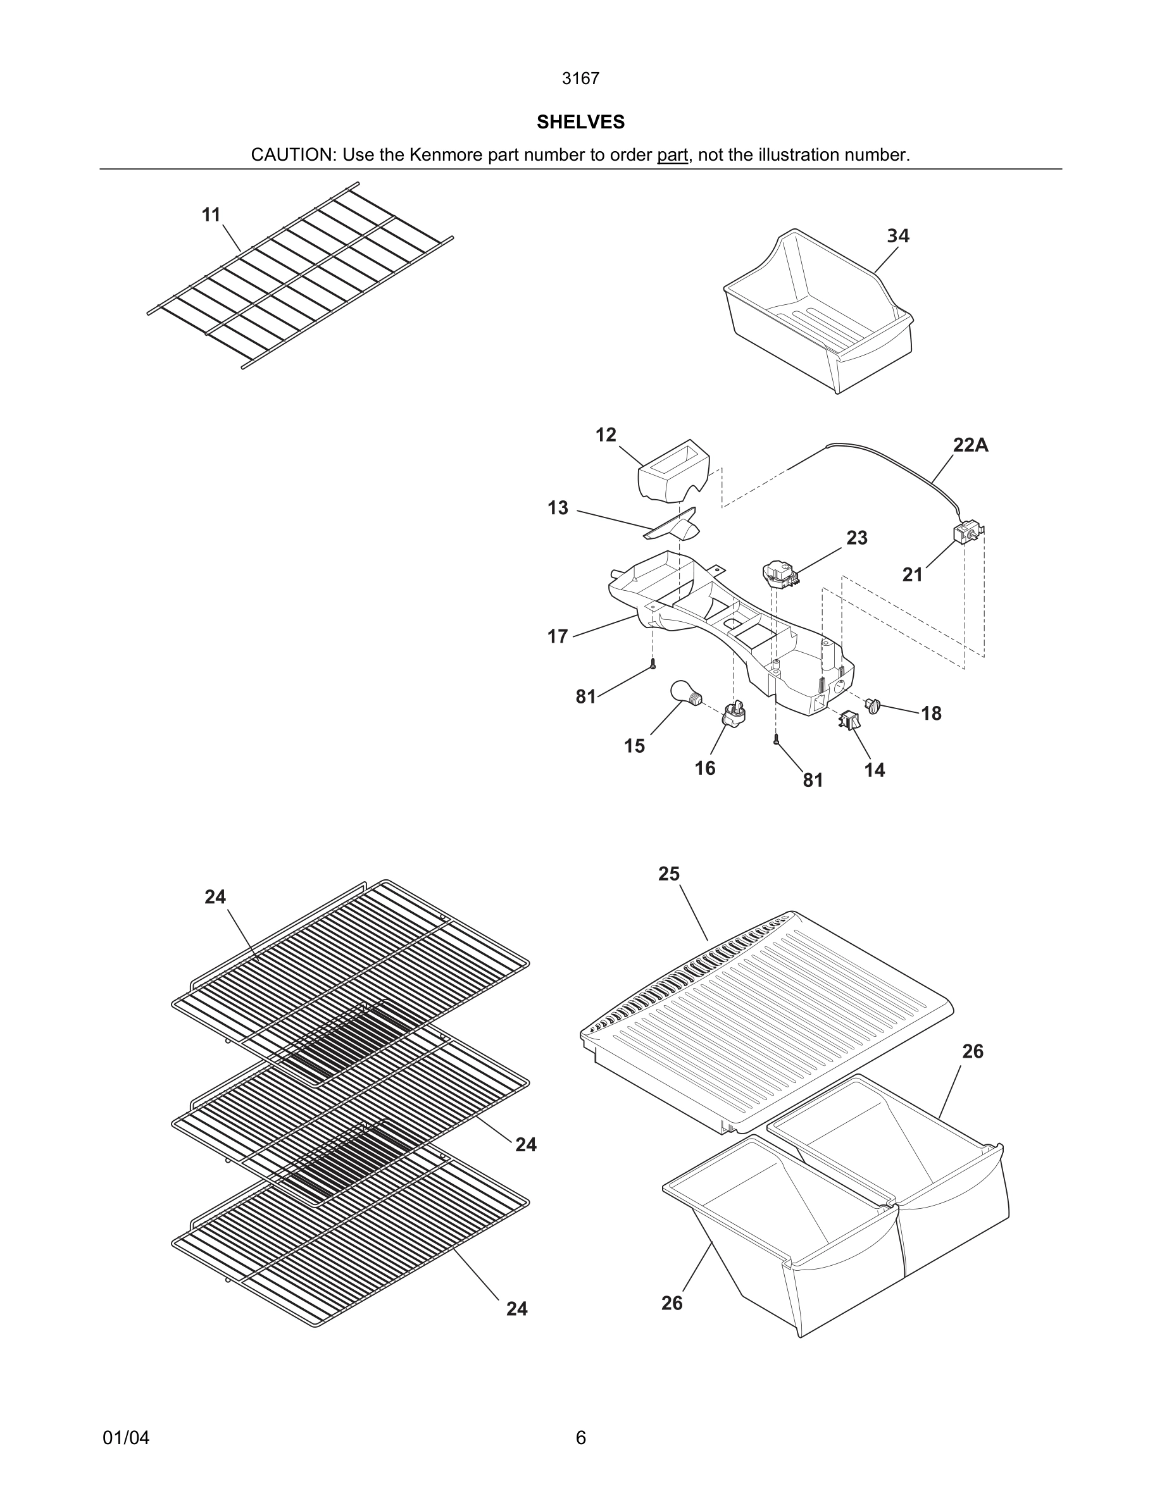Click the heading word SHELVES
580,122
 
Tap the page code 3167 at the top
580,78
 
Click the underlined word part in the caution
672,155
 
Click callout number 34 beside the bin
897,236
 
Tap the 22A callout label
970,445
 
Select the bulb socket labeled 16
734,714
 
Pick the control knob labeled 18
873,705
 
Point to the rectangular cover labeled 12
673,471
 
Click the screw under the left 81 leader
653,664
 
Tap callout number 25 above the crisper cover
668,874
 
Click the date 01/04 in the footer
126,1438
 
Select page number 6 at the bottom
580,1438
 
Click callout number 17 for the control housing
558,636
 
